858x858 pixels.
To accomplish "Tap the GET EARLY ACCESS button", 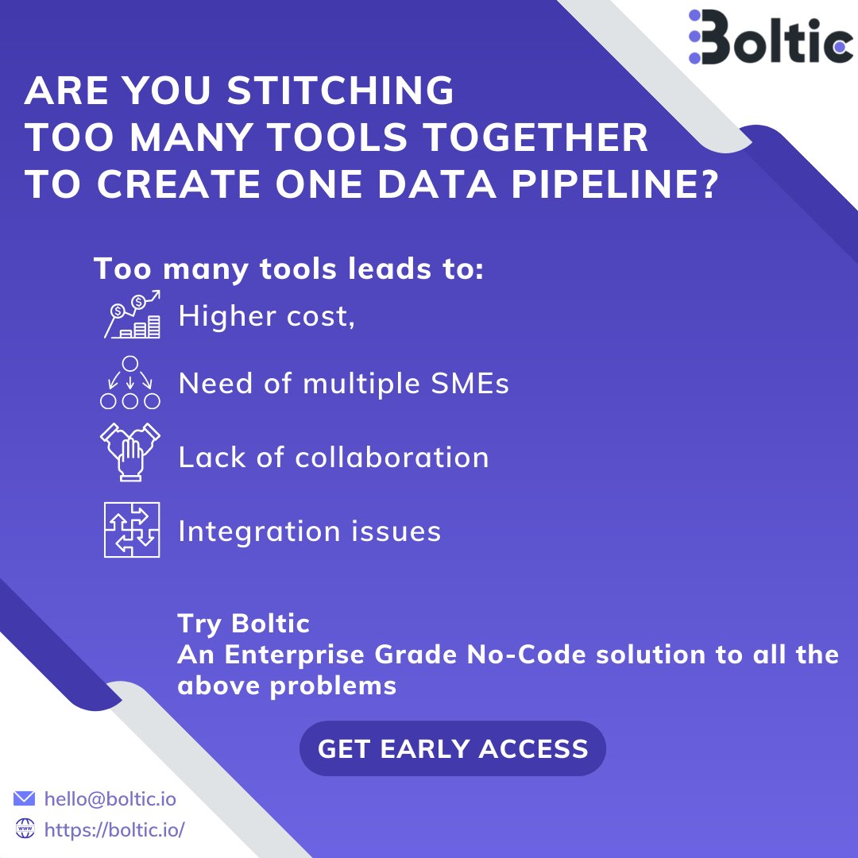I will pos(453,748).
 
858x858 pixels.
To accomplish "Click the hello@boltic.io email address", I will pos(110,798).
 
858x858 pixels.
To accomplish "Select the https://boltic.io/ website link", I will pos(114,830).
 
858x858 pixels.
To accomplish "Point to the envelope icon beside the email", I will pos(25,798).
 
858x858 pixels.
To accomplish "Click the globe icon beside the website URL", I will pos(25,829).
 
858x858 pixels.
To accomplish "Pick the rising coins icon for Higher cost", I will pos(132,315).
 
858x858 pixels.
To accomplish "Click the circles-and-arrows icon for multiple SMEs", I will pos(130,382).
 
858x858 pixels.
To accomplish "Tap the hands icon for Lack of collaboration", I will pos(130,452).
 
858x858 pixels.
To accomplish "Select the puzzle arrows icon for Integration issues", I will pos(132,529).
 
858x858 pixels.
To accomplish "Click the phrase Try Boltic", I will pos(243,624).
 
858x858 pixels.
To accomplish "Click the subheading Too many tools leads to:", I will pos(289,269).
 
